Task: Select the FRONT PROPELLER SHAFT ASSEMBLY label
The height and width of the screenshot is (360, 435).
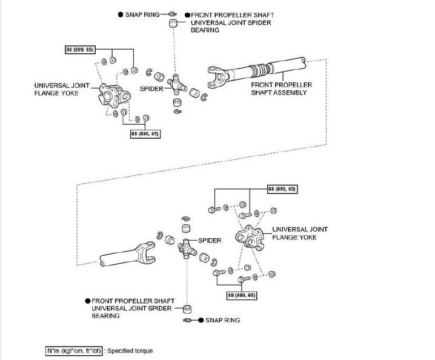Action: point(282,89)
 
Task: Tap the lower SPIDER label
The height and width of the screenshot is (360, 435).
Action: point(209,241)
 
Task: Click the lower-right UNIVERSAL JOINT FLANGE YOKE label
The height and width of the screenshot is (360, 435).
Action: point(300,233)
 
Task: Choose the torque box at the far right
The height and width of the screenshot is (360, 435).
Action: point(282,190)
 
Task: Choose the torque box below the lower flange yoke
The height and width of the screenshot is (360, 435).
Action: point(242,295)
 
